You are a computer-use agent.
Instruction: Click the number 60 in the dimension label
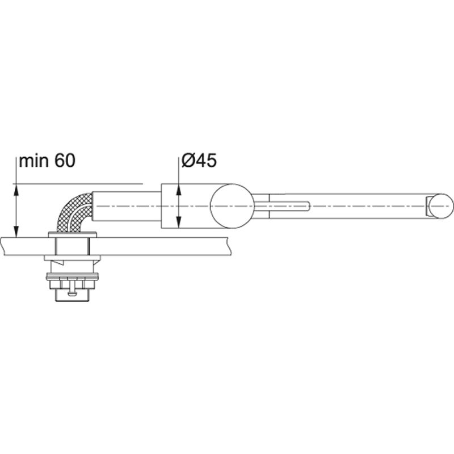coord(65,161)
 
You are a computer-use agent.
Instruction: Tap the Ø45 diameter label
coord(199,160)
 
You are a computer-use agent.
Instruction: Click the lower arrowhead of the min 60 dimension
coord(16,231)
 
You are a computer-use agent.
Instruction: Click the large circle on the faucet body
coord(232,206)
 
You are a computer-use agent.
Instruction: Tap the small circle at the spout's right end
coord(441,206)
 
